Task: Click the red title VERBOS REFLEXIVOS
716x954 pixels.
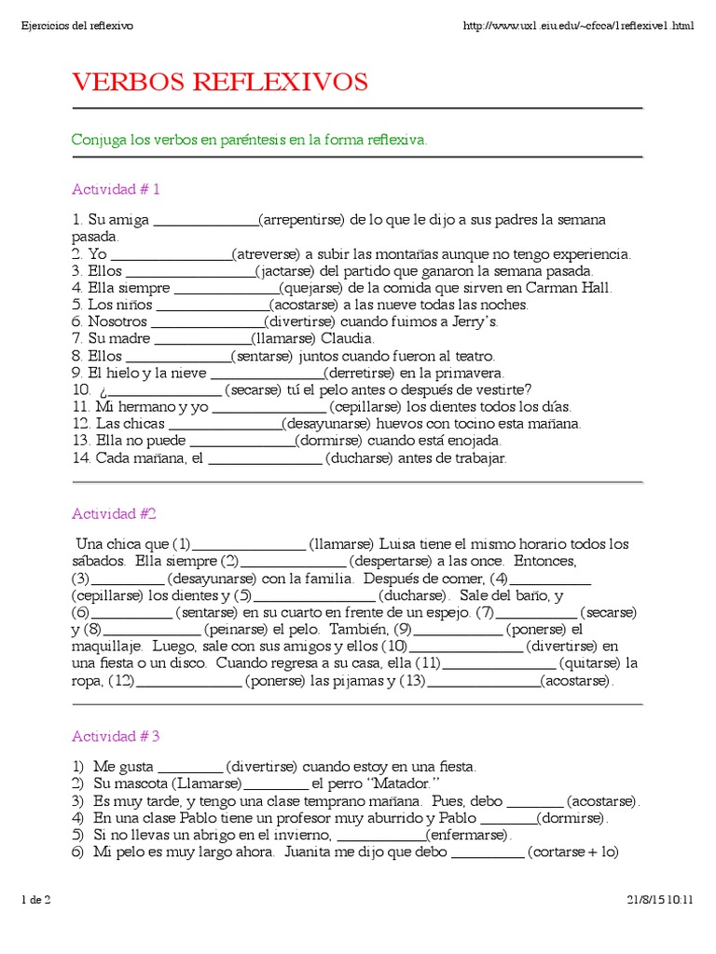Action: pos(220,83)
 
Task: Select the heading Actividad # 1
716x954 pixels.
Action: pos(117,189)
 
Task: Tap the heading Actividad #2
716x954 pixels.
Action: pos(114,513)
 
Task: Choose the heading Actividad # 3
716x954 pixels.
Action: pos(117,736)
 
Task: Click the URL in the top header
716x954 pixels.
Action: pos(578,25)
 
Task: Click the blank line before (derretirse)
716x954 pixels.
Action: pos(265,373)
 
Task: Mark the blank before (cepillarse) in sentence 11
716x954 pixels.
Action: pos(270,407)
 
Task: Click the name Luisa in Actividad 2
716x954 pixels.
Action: pos(400,544)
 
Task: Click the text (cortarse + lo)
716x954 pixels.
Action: pos(573,852)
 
